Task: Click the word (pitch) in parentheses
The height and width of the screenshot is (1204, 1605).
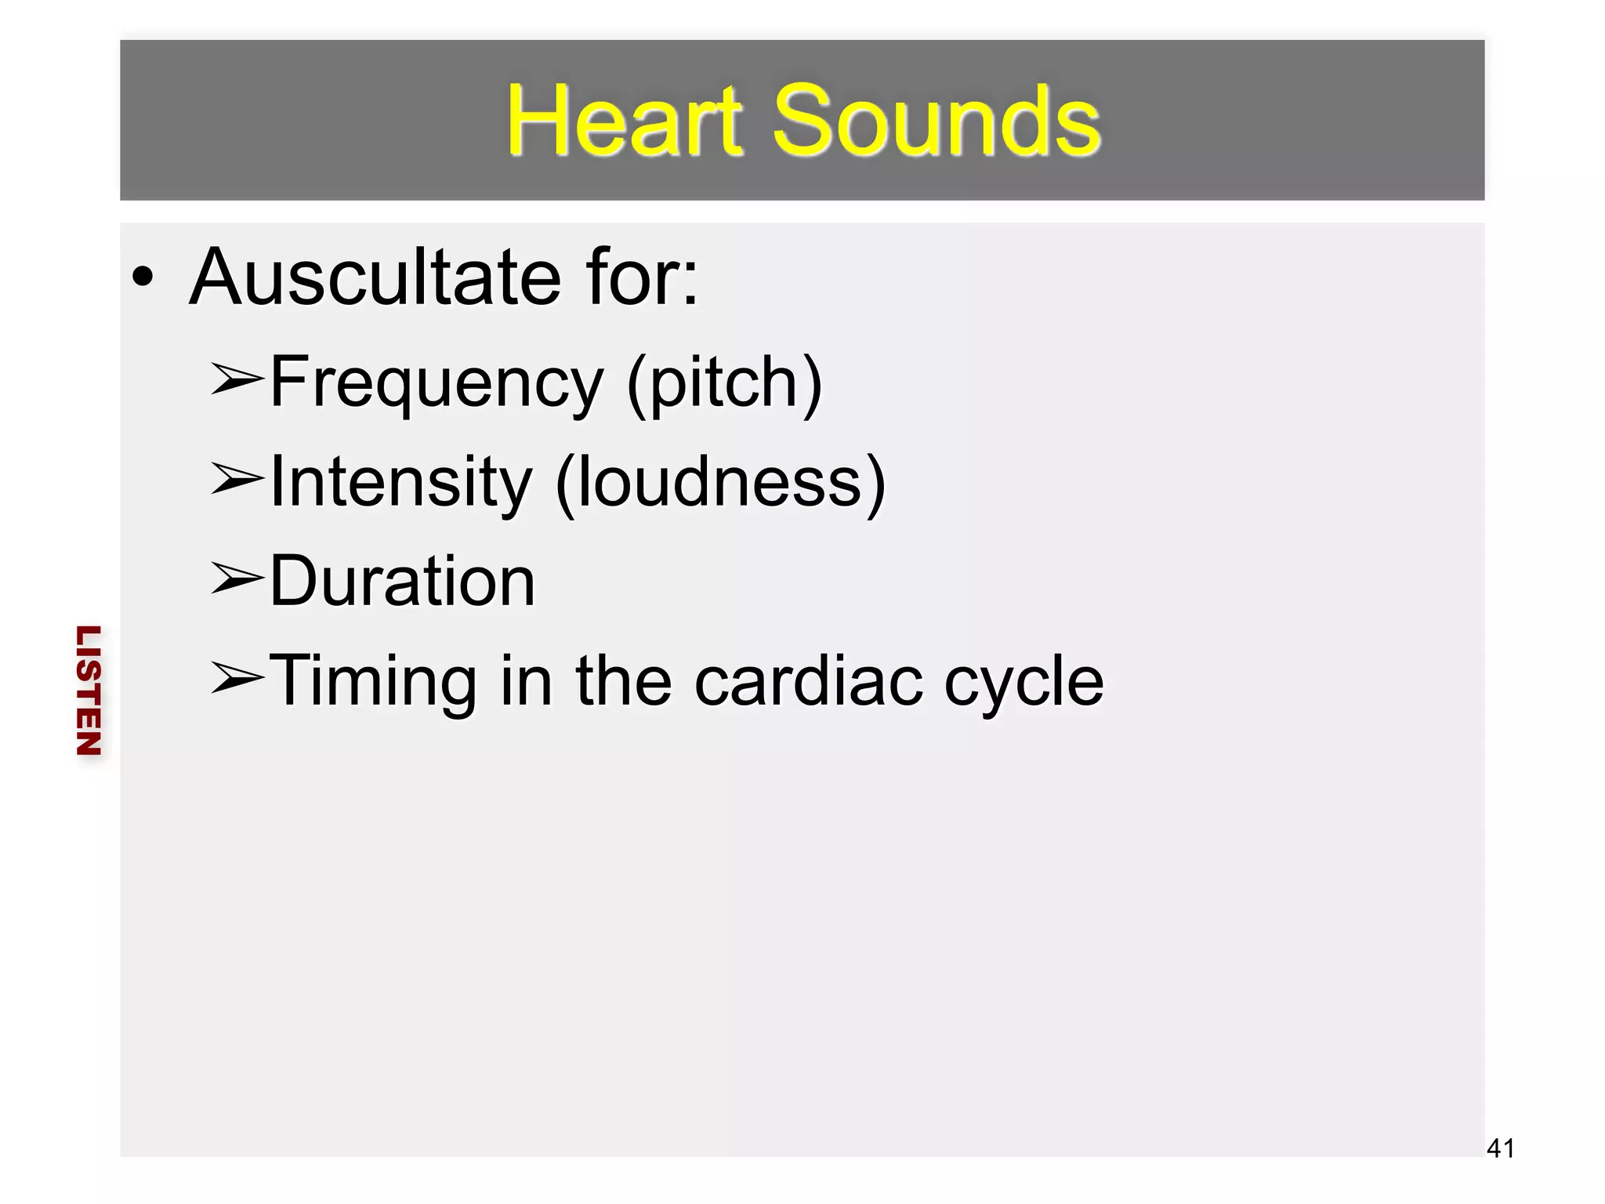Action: (x=725, y=384)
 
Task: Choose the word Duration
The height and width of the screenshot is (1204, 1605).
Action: (x=402, y=581)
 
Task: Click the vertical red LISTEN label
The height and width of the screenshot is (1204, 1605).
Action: (x=89, y=691)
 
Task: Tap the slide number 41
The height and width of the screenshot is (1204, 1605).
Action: (x=1500, y=1148)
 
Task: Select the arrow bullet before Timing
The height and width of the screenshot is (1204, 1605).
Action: (x=237, y=677)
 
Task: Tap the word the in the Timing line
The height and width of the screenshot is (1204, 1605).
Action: (x=624, y=680)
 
